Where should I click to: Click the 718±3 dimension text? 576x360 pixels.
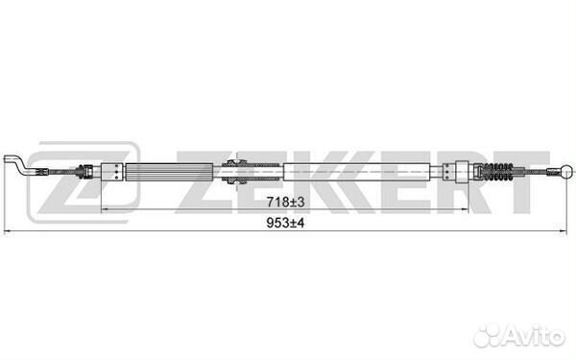[x=285, y=202]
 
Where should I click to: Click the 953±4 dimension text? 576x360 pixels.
[x=285, y=223]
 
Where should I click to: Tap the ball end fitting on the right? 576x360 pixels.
[x=567, y=171]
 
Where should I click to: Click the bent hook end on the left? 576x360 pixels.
[x=16, y=164]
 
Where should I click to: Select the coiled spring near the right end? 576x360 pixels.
[x=496, y=172]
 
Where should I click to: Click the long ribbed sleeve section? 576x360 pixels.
[x=169, y=172]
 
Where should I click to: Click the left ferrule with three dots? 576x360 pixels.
[x=112, y=172]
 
